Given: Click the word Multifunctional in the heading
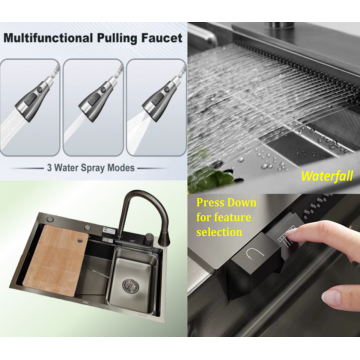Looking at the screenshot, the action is pyautogui.click(x=49, y=38).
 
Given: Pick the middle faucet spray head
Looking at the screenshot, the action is pyautogui.click(x=97, y=97).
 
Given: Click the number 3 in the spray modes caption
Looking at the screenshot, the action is pyautogui.click(x=49, y=168).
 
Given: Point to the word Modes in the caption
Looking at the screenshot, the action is pyautogui.click(x=122, y=168).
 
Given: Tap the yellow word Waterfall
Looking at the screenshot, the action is pyautogui.click(x=326, y=176).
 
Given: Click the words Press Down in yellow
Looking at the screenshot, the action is pyautogui.click(x=226, y=203).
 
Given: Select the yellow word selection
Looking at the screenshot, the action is pyautogui.click(x=219, y=232).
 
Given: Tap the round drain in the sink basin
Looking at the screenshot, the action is pyautogui.click(x=130, y=285).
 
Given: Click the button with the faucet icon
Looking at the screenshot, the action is pyautogui.click(x=254, y=255).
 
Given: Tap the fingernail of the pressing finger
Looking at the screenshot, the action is pyautogui.click(x=291, y=231).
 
